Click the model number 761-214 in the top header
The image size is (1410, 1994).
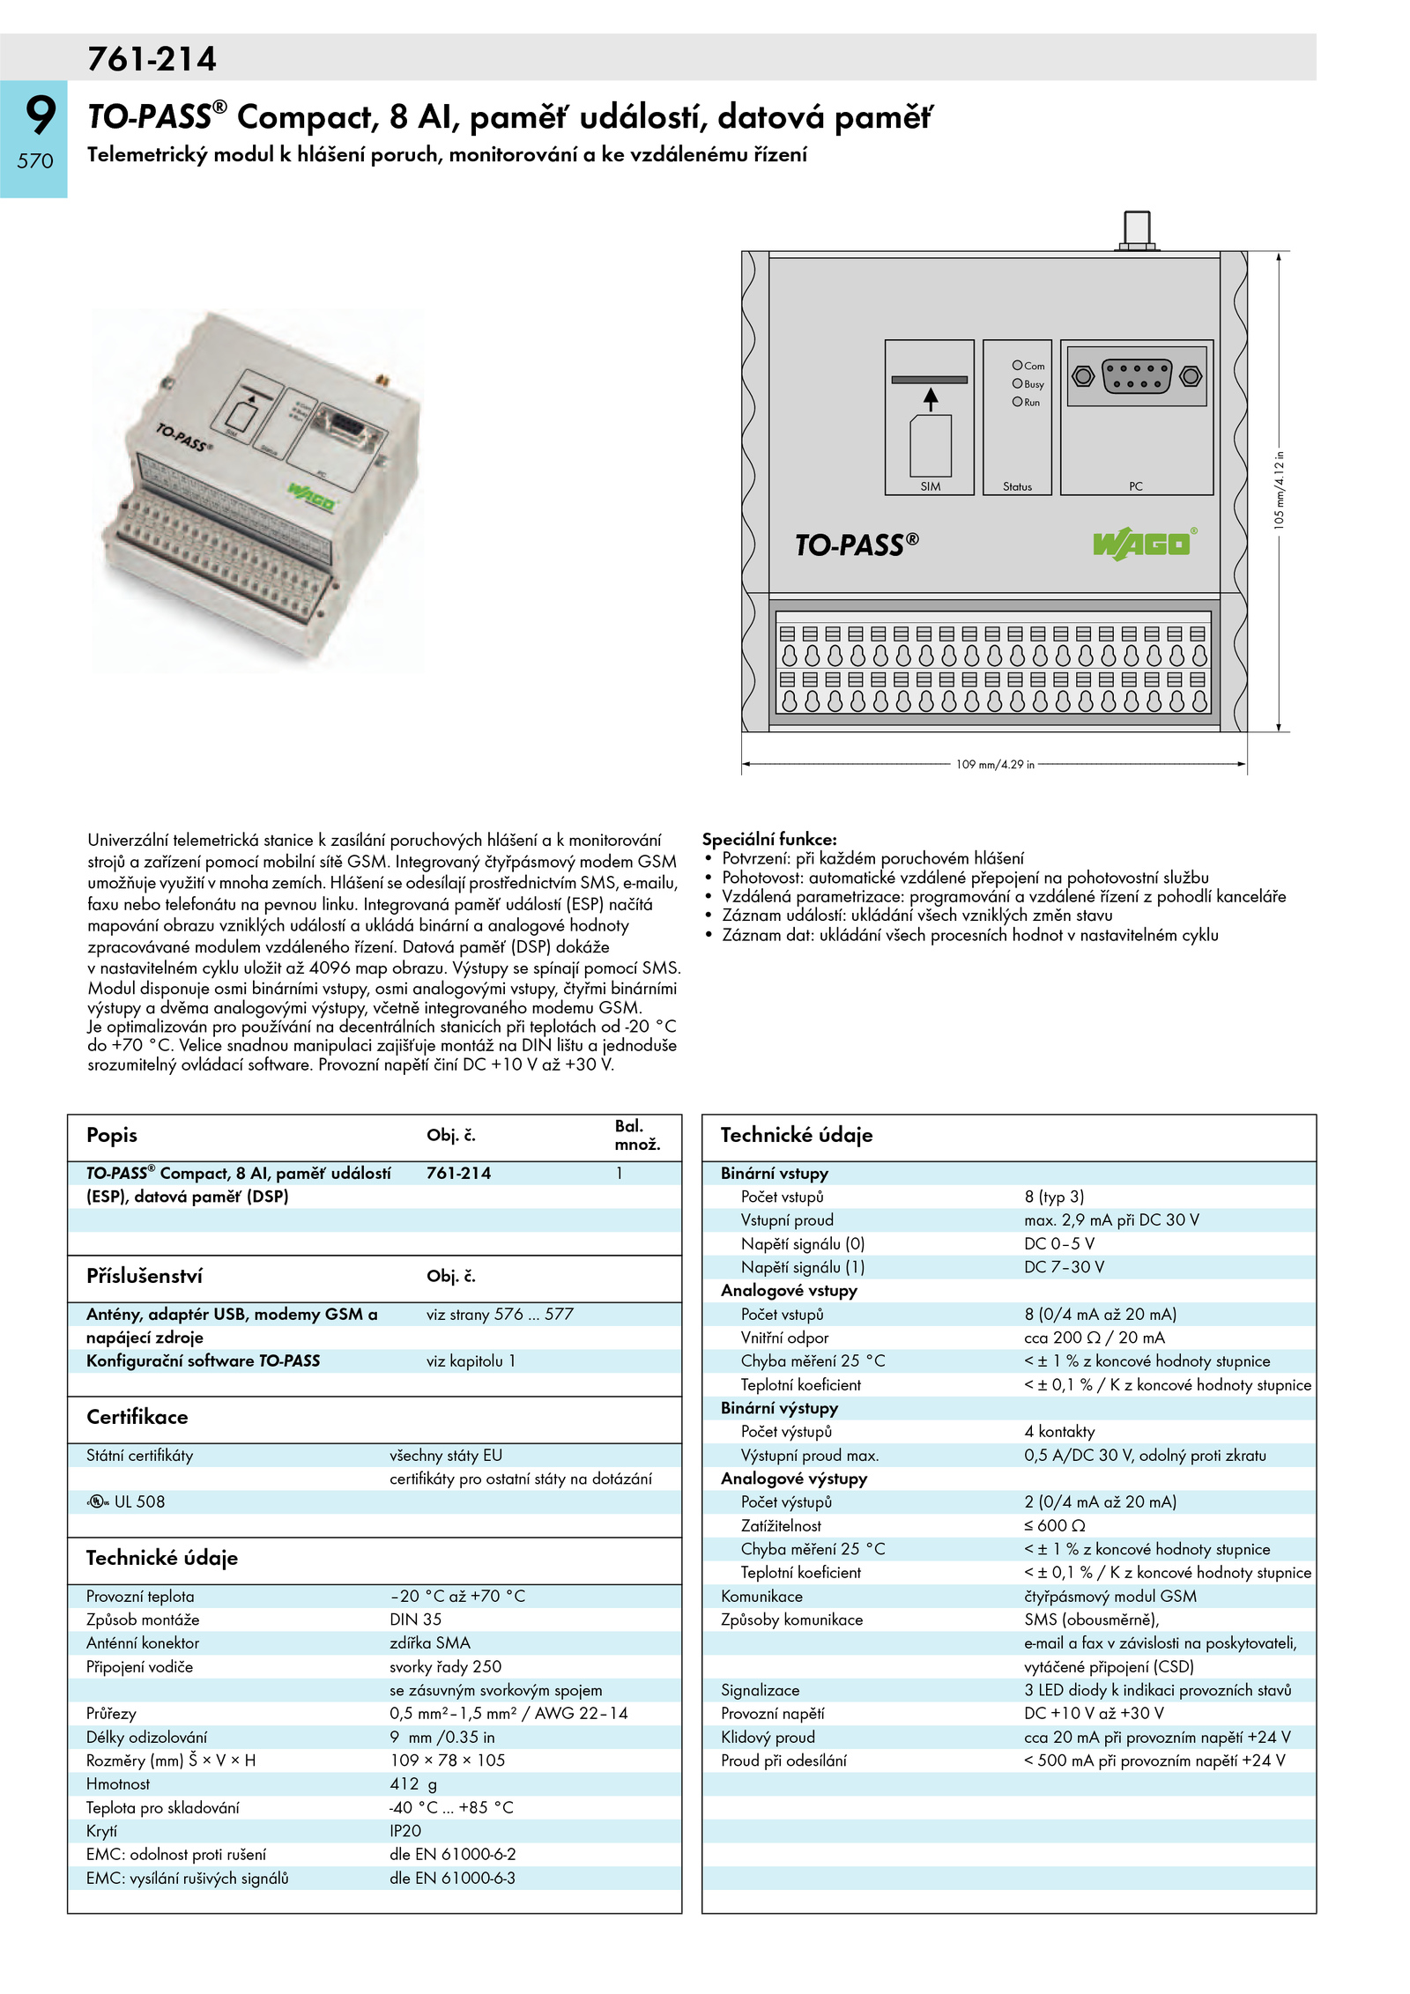152,59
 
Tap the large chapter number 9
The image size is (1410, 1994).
40,115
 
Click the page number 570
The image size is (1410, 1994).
35,161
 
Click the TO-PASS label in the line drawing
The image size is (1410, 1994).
856,545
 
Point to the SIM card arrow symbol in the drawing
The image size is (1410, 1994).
931,399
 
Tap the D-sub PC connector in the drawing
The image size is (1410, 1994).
1137,377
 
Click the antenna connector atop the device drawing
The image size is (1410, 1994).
1137,230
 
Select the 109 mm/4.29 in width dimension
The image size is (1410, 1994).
995,764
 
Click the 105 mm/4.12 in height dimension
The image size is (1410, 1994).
1279,490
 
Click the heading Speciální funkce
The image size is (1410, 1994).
769,839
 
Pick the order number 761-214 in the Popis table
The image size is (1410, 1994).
458,1173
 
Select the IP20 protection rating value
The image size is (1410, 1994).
405,1830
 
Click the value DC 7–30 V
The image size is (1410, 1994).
1064,1267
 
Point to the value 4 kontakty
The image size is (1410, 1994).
1059,1431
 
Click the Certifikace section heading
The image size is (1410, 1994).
137,1417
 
